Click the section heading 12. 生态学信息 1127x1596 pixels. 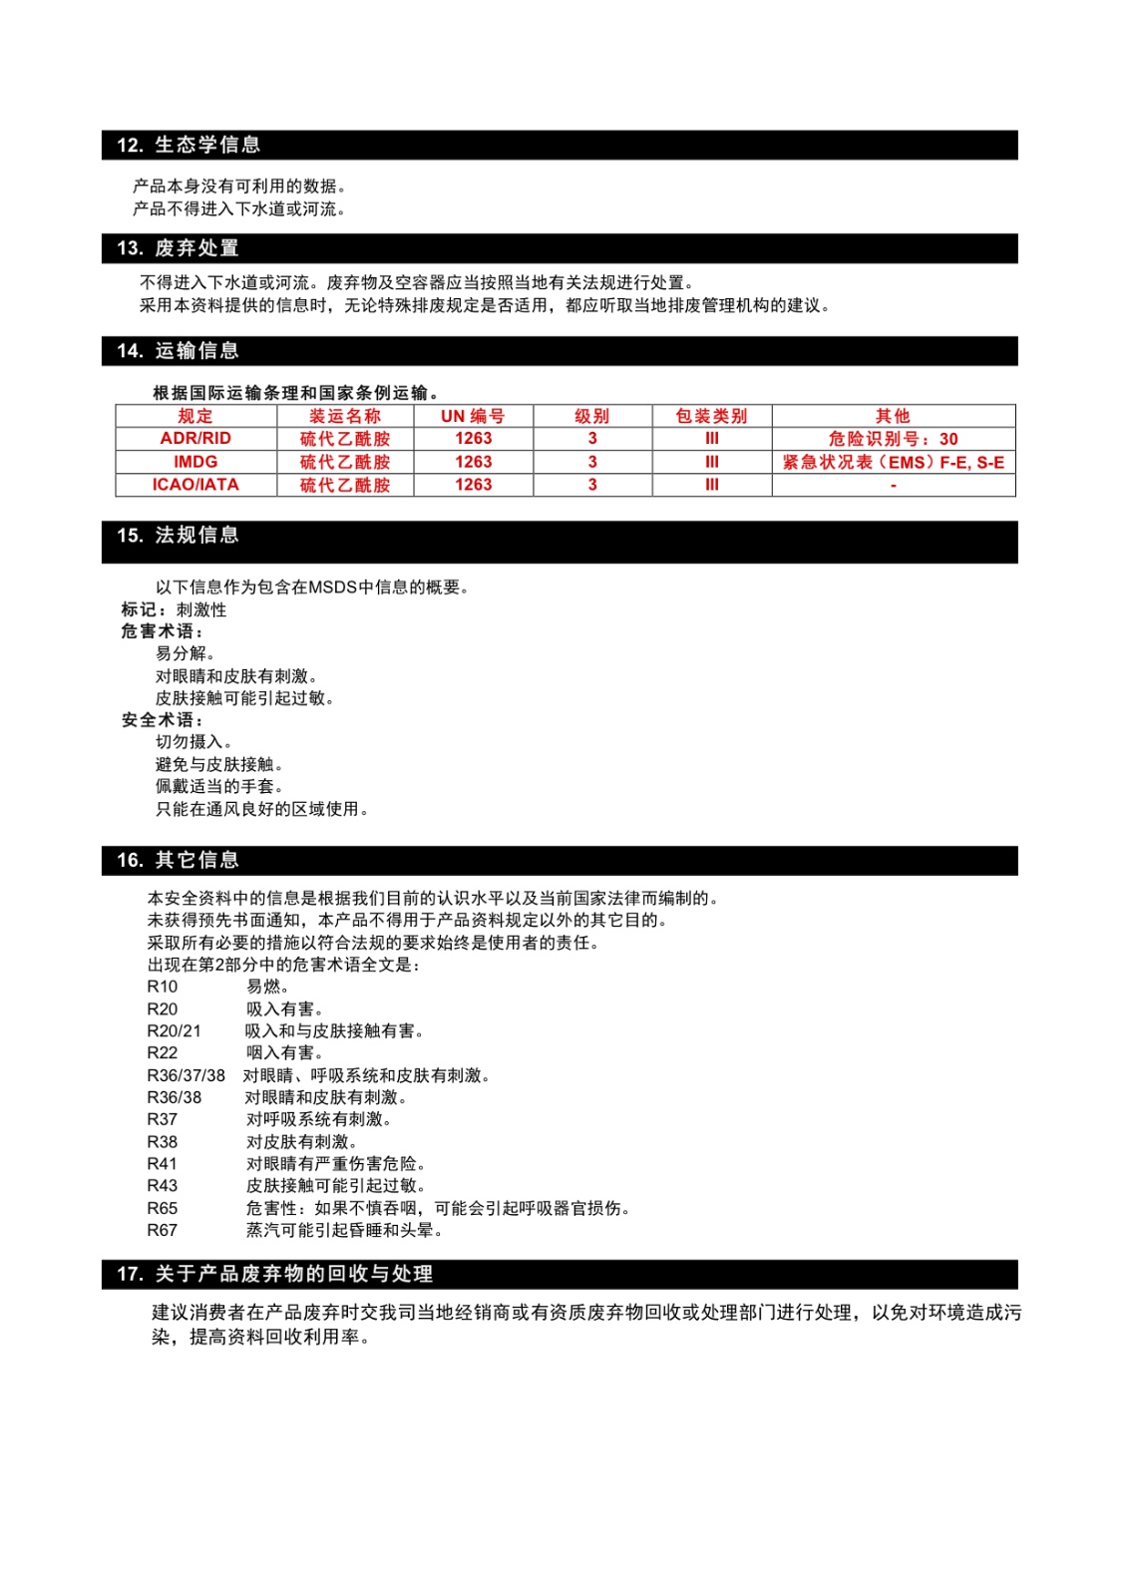click(x=188, y=145)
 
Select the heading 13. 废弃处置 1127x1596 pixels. click(x=178, y=248)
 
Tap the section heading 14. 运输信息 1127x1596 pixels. click(x=178, y=351)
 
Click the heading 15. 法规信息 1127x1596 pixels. click(x=178, y=536)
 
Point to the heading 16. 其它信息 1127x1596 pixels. click(x=178, y=861)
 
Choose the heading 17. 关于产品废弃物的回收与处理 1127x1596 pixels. click(x=274, y=1275)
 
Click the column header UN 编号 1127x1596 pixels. click(x=473, y=416)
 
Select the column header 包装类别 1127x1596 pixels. click(x=711, y=416)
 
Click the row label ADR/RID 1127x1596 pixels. click(x=195, y=439)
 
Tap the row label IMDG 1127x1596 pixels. click(x=195, y=462)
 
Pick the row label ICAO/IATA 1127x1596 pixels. click(x=195, y=485)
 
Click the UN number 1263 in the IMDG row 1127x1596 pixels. click(x=473, y=462)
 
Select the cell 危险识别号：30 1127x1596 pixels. click(x=893, y=439)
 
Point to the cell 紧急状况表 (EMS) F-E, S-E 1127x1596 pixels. click(x=893, y=462)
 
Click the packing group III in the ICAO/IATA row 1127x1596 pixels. click(x=711, y=485)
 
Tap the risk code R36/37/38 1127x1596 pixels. click(x=186, y=1075)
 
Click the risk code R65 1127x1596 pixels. click(x=163, y=1208)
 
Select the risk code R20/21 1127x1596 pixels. click(x=174, y=1031)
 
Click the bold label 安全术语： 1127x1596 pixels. click(x=163, y=720)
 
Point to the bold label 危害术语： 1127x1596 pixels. click(x=163, y=631)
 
